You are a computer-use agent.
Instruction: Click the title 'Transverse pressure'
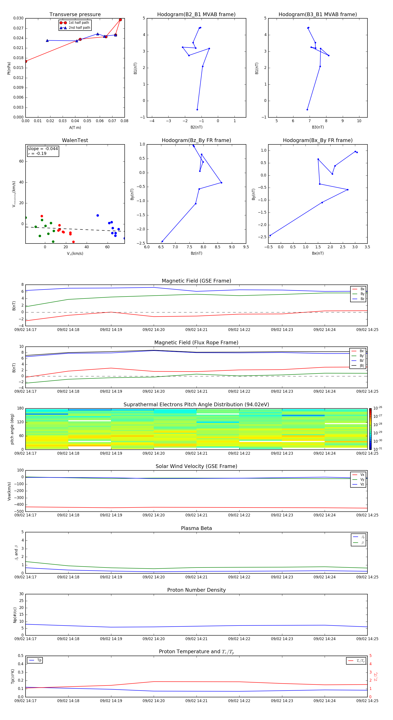click(75, 15)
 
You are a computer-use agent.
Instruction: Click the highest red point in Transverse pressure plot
click(120, 20)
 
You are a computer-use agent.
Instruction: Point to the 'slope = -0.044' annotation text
click(43, 149)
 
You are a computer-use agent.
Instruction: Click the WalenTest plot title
click(75, 140)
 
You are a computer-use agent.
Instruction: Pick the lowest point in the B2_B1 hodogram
click(197, 110)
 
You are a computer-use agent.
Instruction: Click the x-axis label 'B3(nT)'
click(318, 127)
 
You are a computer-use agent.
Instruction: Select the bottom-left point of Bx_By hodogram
click(270, 236)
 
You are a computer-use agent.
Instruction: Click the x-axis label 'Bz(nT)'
click(196, 253)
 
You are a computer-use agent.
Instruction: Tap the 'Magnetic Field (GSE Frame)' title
click(196, 281)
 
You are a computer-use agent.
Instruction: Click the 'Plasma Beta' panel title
click(196, 528)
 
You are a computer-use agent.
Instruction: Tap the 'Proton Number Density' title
click(196, 590)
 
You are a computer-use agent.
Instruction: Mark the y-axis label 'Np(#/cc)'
click(15, 615)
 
